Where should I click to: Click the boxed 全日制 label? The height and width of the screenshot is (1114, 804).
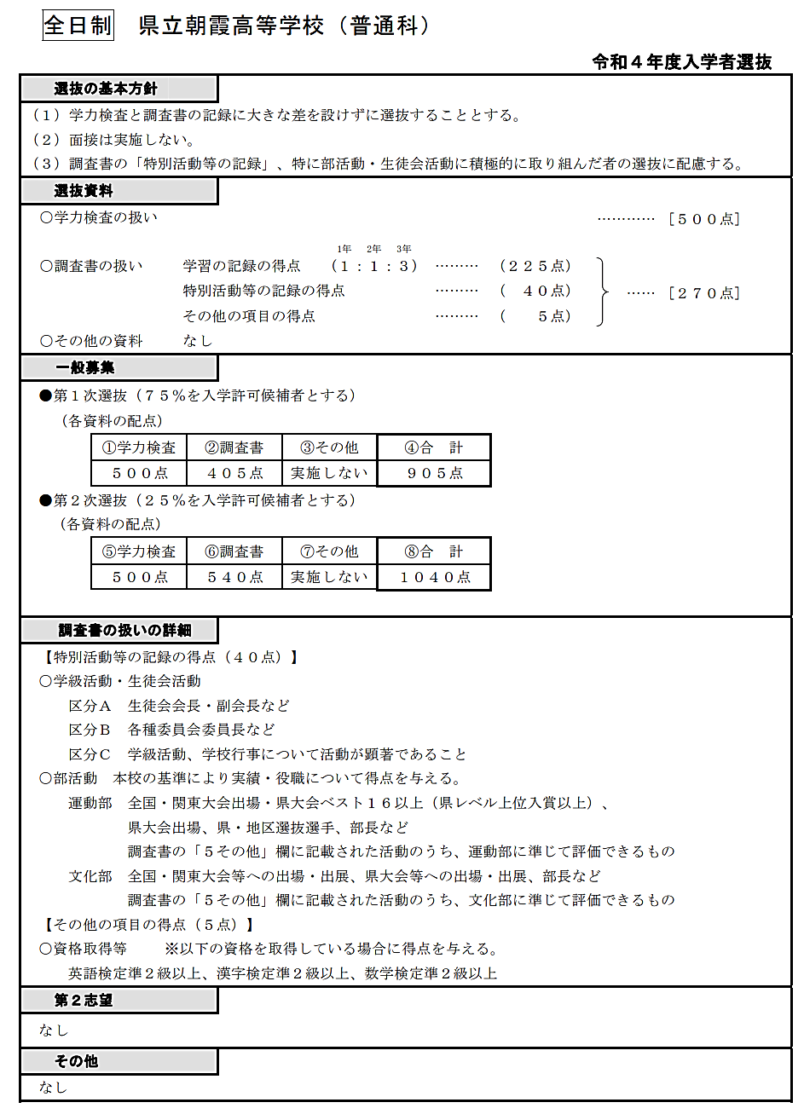(78, 26)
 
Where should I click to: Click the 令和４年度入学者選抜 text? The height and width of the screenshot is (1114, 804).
(681, 61)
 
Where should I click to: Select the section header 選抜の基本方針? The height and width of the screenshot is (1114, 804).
(106, 89)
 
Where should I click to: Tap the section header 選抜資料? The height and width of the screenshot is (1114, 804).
(84, 191)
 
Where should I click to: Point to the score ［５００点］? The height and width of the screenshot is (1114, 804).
(704, 219)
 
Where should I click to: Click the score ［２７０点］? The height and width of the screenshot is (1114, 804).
(704, 293)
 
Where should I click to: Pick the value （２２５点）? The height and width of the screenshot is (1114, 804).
(535, 266)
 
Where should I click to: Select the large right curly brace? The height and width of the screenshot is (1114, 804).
(604, 291)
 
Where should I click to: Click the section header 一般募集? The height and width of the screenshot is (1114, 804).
(84, 368)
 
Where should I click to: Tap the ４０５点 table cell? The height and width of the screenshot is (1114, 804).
(235, 473)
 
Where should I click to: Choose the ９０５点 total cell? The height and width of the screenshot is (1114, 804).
(434, 473)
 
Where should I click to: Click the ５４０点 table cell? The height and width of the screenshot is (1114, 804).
(235, 577)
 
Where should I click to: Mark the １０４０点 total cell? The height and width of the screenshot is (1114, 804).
(434, 577)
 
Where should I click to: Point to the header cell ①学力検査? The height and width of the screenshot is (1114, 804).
(139, 447)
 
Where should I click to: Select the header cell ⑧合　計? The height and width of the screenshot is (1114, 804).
(434, 551)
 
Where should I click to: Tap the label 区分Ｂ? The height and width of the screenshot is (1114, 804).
(90, 730)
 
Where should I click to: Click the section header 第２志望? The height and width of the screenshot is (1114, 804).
(84, 1001)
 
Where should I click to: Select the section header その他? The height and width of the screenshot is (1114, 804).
(76, 1061)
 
